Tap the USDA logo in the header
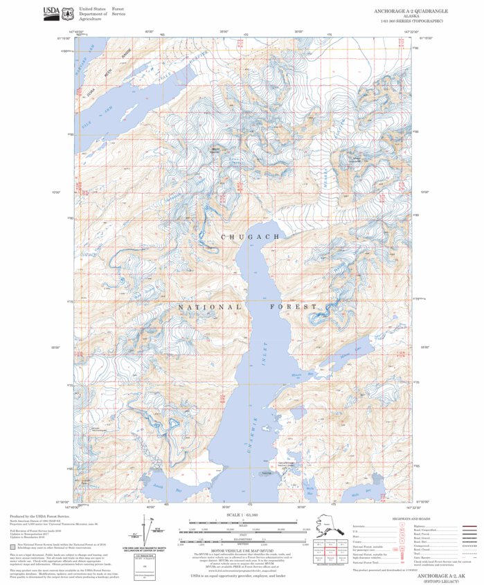(52, 11)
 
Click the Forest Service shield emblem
(68, 12)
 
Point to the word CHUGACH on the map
(251, 237)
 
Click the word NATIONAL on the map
(210, 306)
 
